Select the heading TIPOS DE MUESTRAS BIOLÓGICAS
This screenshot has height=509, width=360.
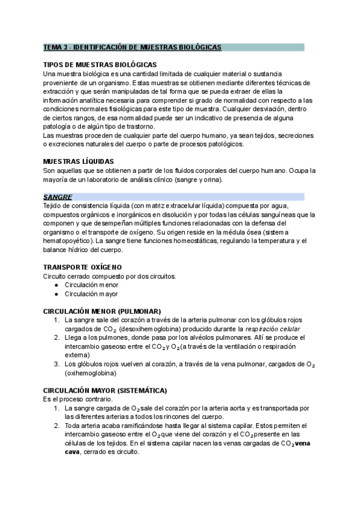[x=100, y=64]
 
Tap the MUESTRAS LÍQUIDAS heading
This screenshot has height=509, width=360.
[x=79, y=161]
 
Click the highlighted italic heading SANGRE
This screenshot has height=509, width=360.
[x=58, y=197]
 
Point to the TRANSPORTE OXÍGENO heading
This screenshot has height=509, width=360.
[x=82, y=267]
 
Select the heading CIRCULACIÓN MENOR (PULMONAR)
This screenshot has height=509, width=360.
[x=102, y=312]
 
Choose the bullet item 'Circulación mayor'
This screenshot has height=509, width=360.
[x=91, y=294]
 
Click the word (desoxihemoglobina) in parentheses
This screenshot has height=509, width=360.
[x=152, y=330]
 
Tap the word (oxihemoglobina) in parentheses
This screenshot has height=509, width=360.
[x=91, y=373]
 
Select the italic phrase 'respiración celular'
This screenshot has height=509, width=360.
[x=273, y=330]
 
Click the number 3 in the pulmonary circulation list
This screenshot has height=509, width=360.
[x=56, y=364]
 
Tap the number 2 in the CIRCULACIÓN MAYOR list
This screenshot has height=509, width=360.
[x=56, y=426]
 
